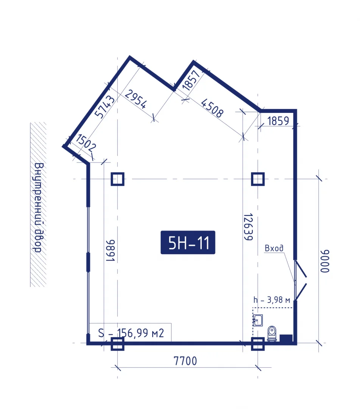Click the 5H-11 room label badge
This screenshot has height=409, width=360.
pyautogui.click(x=188, y=242)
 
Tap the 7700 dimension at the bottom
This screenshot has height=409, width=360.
pyautogui.click(x=185, y=361)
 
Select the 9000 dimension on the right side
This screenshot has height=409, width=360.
pyautogui.click(x=325, y=261)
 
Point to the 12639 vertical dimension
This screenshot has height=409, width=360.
pyautogui.click(x=248, y=227)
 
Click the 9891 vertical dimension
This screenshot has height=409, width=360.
pyautogui.click(x=110, y=250)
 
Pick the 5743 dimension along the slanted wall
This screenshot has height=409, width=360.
pyautogui.click(x=104, y=106)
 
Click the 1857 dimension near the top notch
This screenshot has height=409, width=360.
pyautogui.click(x=192, y=80)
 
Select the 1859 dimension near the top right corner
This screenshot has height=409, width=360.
pyautogui.click(x=278, y=121)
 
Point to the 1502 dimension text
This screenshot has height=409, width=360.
pyautogui.click(x=86, y=143)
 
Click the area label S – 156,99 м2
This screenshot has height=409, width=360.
pyautogui.click(x=131, y=333)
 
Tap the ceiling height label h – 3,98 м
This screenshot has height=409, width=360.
pyautogui.click(x=272, y=300)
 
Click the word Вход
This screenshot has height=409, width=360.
pyautogui.click(x=274, y=248)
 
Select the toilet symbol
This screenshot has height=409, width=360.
pyautogui.click(x=272, y=333)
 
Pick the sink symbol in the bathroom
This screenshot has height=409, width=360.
pyautogui.click(x=257, y=320)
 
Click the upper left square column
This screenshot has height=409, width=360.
pyautogui.click(x=118, y=179)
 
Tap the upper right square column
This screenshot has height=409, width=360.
pyautogui.click(x=258, y=179)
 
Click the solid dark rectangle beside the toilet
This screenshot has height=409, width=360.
pyautogui.click(x=286, y=338)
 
